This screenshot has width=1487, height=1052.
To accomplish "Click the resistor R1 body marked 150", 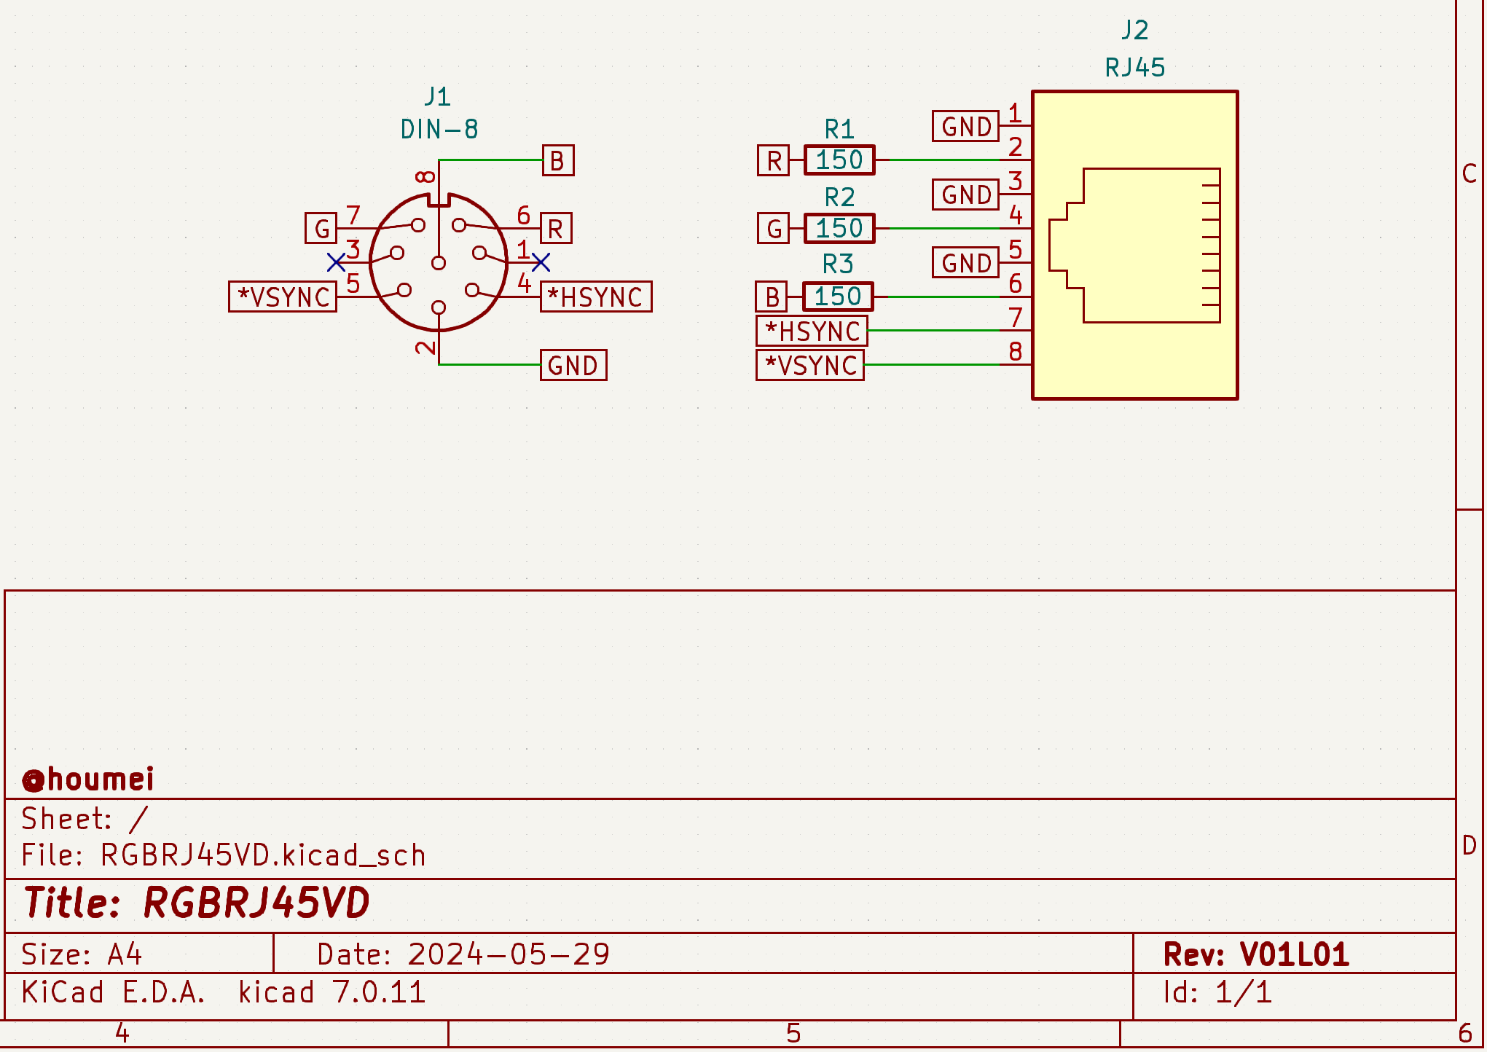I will pos(839,160).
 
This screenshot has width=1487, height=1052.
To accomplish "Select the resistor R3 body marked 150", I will pos(837,297).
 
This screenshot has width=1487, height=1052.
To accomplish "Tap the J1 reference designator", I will pos(438,96).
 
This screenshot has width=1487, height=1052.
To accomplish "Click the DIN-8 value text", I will pos(439,130).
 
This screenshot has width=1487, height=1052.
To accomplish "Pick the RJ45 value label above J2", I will pos(1134,68).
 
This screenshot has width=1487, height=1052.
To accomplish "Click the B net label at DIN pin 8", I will pos(557,161).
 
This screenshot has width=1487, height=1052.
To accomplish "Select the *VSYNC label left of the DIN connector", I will pos(283,297).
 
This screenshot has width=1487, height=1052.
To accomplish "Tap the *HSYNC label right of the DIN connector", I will pos(595,297).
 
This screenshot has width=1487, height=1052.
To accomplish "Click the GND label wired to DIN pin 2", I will pos(573,366).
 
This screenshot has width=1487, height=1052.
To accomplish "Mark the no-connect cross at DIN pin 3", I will pos(336,262).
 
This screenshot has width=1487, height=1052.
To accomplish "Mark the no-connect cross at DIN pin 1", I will pos(541,262).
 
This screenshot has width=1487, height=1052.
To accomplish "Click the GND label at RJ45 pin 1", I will pos(965,127).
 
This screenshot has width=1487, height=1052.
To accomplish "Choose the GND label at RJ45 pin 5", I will pos(965,263).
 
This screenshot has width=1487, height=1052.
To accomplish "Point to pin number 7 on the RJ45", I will pos(1015,318).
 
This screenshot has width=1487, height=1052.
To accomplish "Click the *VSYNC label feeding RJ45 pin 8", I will pos(810,366).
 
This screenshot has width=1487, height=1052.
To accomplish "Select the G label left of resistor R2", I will pos(773,229).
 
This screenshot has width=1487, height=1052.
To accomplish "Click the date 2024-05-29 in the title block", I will pos(508,954).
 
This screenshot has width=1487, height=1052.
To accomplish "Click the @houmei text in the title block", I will pos(88,780).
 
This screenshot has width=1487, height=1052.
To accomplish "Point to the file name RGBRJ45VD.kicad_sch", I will pos(263,855).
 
